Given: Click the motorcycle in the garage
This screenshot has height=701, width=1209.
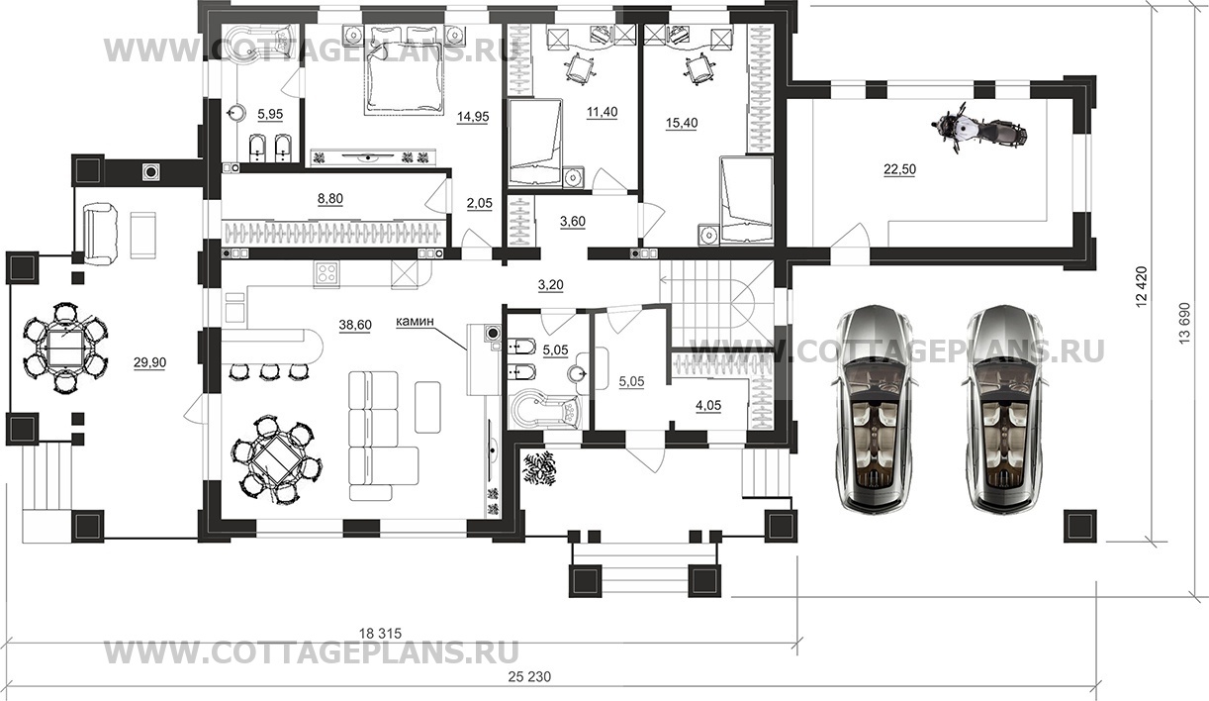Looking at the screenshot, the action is [977, 129].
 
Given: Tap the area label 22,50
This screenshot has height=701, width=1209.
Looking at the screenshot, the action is [899, 169].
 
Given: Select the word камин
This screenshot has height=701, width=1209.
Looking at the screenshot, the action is [415, 322].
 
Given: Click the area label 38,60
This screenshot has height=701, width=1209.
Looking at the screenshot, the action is [355, 325].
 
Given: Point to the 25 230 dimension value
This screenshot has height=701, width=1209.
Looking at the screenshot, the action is [529, 676].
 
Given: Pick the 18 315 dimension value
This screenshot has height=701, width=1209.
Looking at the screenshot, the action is [381, 633].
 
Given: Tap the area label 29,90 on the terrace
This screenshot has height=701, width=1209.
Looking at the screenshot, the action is [150, 362].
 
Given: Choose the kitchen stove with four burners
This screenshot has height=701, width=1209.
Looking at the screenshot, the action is [327, 274].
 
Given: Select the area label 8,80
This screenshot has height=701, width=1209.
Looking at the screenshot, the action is [330, 199].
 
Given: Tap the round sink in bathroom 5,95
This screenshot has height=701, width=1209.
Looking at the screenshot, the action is [235, 113].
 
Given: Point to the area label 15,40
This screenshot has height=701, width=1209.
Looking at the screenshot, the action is [682, 123].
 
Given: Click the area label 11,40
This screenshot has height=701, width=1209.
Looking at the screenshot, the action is [603, 112].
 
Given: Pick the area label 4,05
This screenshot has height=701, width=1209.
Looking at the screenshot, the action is [708, 405].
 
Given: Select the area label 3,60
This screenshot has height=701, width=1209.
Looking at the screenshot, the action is [573, 222].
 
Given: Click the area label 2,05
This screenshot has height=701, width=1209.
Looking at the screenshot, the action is [480, 203].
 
